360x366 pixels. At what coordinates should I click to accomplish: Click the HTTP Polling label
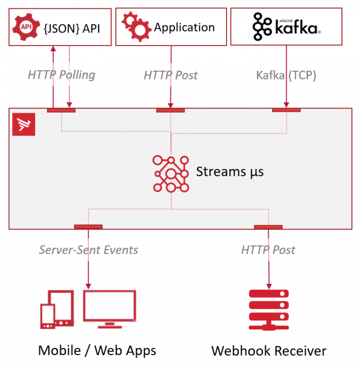coord(62,75)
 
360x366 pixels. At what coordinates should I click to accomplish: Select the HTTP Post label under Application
coord(171,75)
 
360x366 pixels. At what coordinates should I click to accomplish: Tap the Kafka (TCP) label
coord(286,75)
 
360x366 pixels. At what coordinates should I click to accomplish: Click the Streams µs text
coord(230,172)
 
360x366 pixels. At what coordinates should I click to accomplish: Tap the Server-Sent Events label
coord(88,250)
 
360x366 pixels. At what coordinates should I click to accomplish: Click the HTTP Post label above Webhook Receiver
coord(268,250)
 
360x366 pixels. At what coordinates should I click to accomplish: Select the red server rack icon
coord(268,309)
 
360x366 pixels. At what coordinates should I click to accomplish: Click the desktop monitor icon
coord(110,308)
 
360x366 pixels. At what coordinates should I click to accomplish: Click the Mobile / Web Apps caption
coord(97,350)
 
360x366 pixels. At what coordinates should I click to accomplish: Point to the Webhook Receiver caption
coord(268,351)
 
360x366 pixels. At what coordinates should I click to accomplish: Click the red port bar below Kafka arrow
coord(286,110)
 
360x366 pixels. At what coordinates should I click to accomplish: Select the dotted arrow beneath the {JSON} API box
coord(69,78)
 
